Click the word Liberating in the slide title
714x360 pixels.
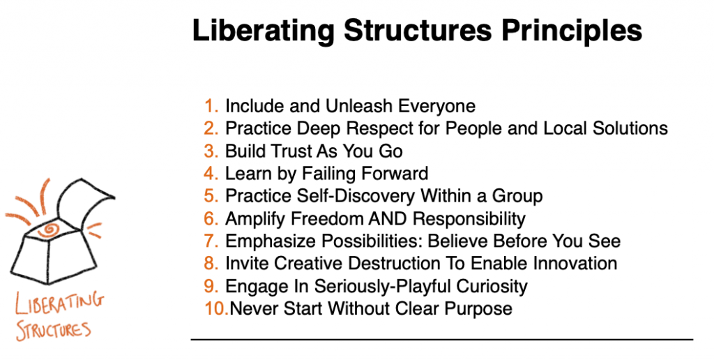[264, 31]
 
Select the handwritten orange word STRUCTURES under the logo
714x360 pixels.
[53, 330]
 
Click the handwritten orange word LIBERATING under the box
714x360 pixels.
[59, 303]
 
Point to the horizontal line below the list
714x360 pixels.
[441, 340]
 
